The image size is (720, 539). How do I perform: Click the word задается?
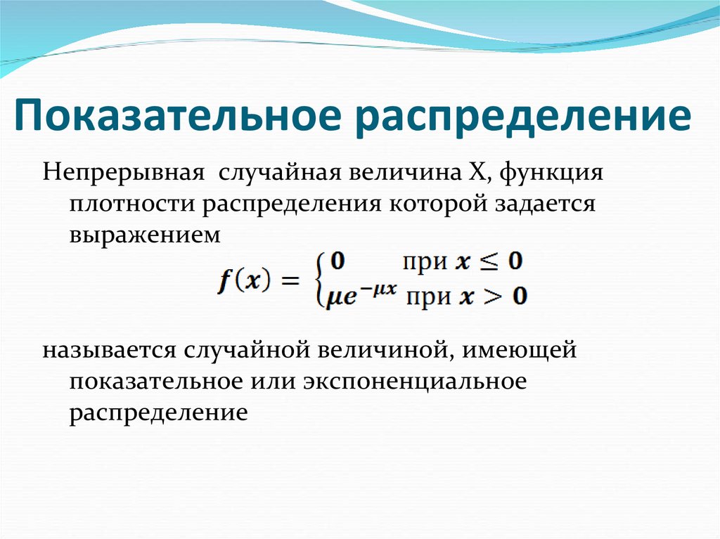pos(544,204)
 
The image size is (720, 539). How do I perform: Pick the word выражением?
pos(145,235)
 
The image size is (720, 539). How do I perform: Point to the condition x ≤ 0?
pos(489,263)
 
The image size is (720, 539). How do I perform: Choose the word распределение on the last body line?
pos(158,411)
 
